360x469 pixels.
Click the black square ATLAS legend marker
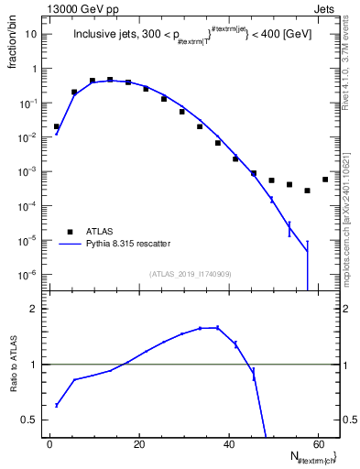click(66, 232)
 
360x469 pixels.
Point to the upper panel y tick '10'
click(32, 34)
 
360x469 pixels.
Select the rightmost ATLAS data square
click(325, 180)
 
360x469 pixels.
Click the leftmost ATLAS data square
click(57, 126)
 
